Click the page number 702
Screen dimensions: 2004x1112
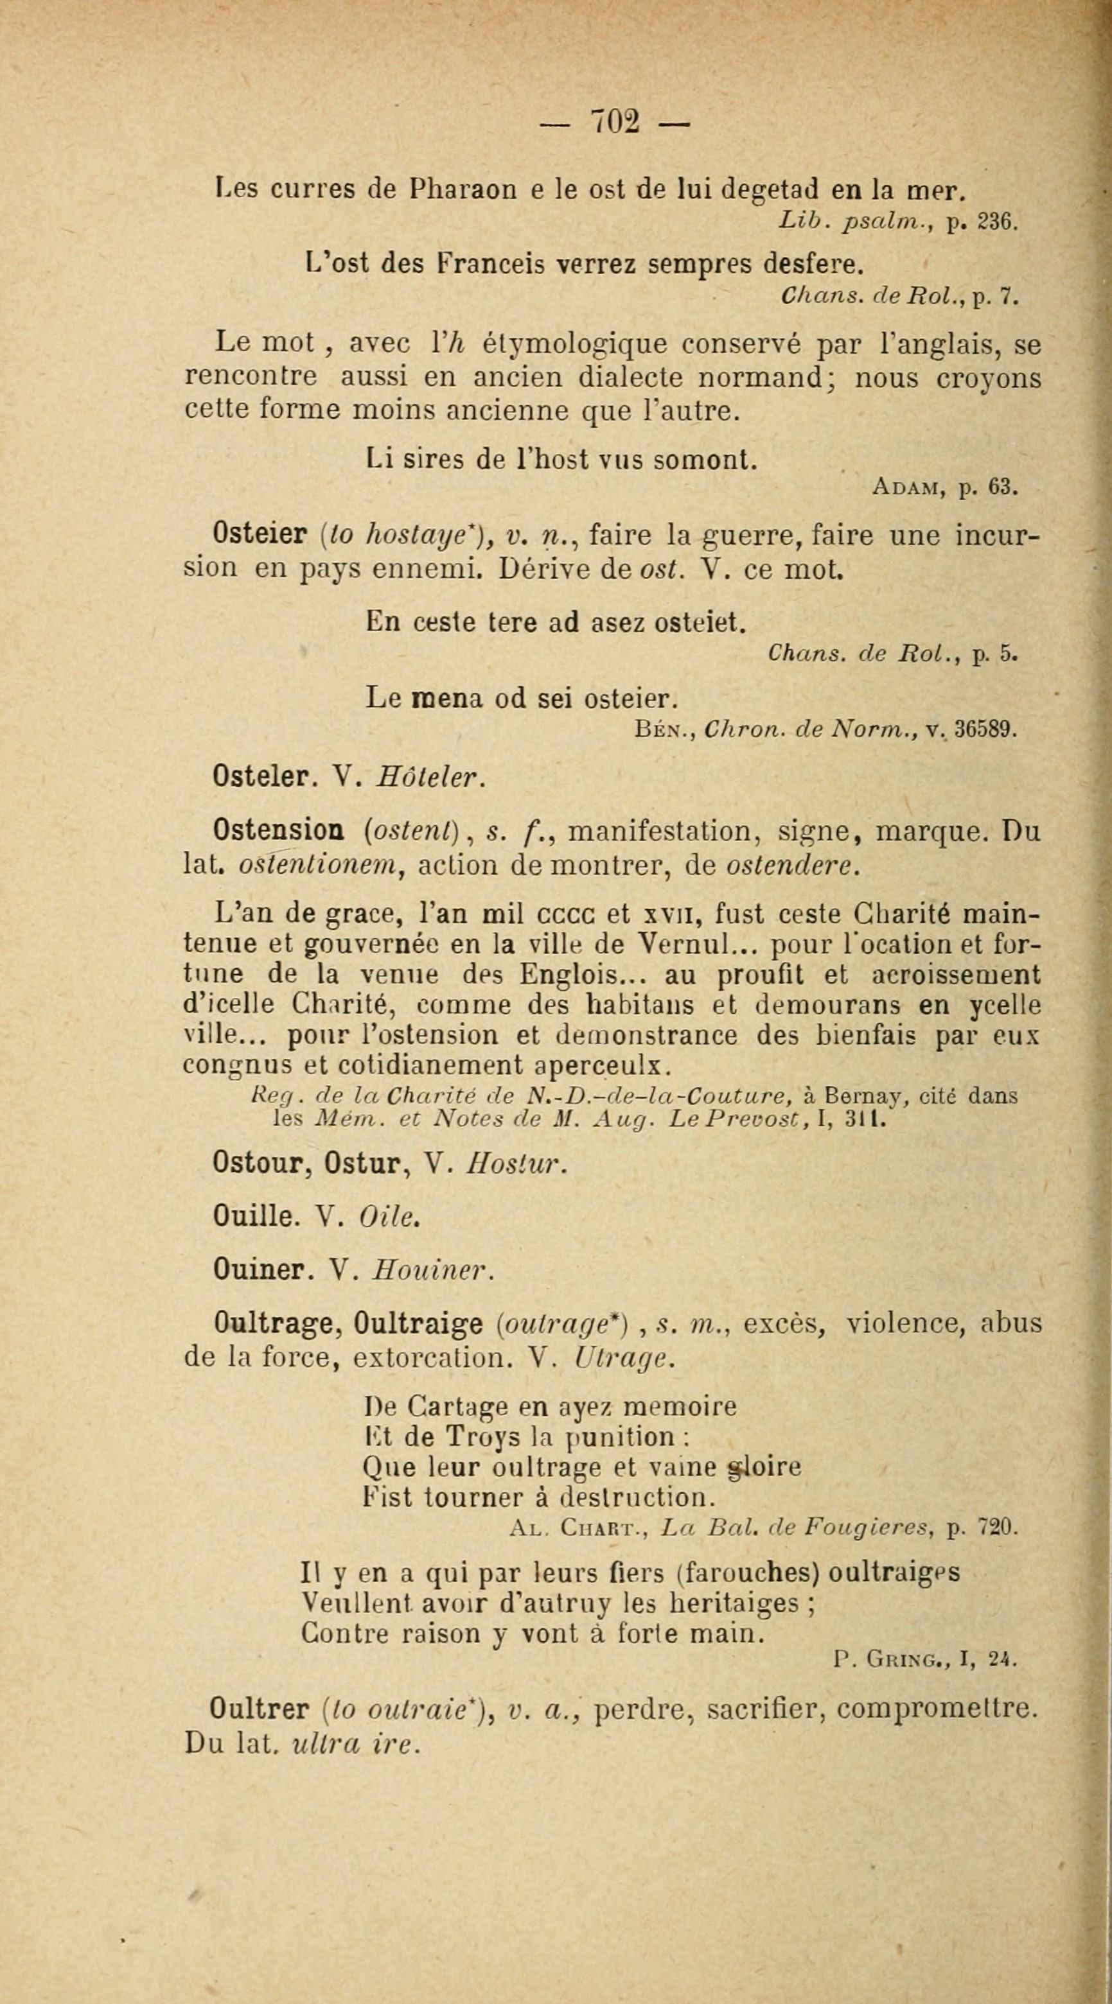coord(615,122)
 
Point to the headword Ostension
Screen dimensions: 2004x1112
coord(279,832)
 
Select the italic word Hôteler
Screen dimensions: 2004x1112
coord(430,777)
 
